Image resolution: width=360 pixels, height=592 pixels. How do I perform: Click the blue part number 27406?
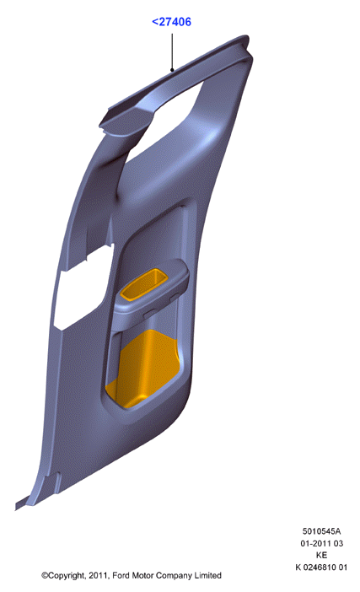pyautogui.click(x=175, y=22)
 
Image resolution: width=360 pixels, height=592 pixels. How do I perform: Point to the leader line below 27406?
pyautogui.click(x=172, y=52)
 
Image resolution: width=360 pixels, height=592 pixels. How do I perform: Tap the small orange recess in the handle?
pyautogui.click(x=144, y=284)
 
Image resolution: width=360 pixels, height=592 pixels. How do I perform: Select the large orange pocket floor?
pyautogui.click(x=142, y=369)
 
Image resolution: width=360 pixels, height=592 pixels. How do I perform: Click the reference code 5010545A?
pyautogui.click(x=321, y=531)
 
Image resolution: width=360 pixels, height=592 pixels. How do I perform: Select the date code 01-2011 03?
pyautogui.click(x=321, y=543)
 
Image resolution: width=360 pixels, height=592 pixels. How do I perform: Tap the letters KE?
pyautogui.click(x=321, y=555)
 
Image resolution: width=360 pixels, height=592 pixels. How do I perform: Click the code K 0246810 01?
pyautogui.click(x=321, y=567)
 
